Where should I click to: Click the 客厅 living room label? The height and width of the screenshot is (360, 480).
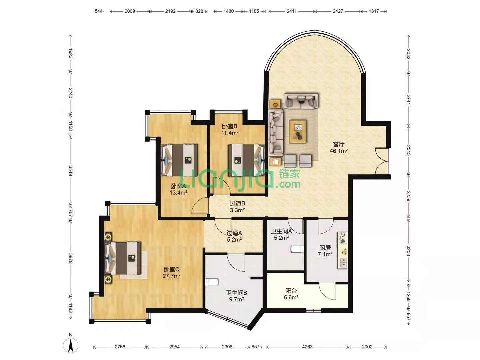[339, 144]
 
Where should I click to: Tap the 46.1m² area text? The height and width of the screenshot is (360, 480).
[339, 151]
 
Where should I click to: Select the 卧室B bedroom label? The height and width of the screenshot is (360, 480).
[229, 126]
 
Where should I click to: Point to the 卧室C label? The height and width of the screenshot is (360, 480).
[171, 269]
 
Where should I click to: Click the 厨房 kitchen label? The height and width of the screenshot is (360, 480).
[325, 248]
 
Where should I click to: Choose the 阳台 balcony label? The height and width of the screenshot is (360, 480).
[291, 291]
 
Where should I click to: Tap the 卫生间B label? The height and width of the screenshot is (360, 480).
[237, 293]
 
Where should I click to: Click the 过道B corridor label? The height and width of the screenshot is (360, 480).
[237, 203]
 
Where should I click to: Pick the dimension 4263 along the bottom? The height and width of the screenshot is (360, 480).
[307, 347]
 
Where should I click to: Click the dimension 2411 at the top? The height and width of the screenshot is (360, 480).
[291, 11]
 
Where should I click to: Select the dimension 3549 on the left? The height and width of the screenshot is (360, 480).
[70, 171]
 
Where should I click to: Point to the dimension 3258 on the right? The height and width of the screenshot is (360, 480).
[408, 251]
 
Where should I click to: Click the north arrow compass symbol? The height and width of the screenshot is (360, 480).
[70, 345]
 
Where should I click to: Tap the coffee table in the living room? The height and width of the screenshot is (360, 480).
[298, 131]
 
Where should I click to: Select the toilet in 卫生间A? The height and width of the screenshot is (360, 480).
[297, 249]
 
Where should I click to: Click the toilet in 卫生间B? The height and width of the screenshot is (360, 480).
[212, 282]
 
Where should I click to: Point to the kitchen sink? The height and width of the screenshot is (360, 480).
[343, 263]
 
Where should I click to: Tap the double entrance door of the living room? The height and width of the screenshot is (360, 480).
[382, 161]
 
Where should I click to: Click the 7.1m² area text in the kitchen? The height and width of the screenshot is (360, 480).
[325, 254]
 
